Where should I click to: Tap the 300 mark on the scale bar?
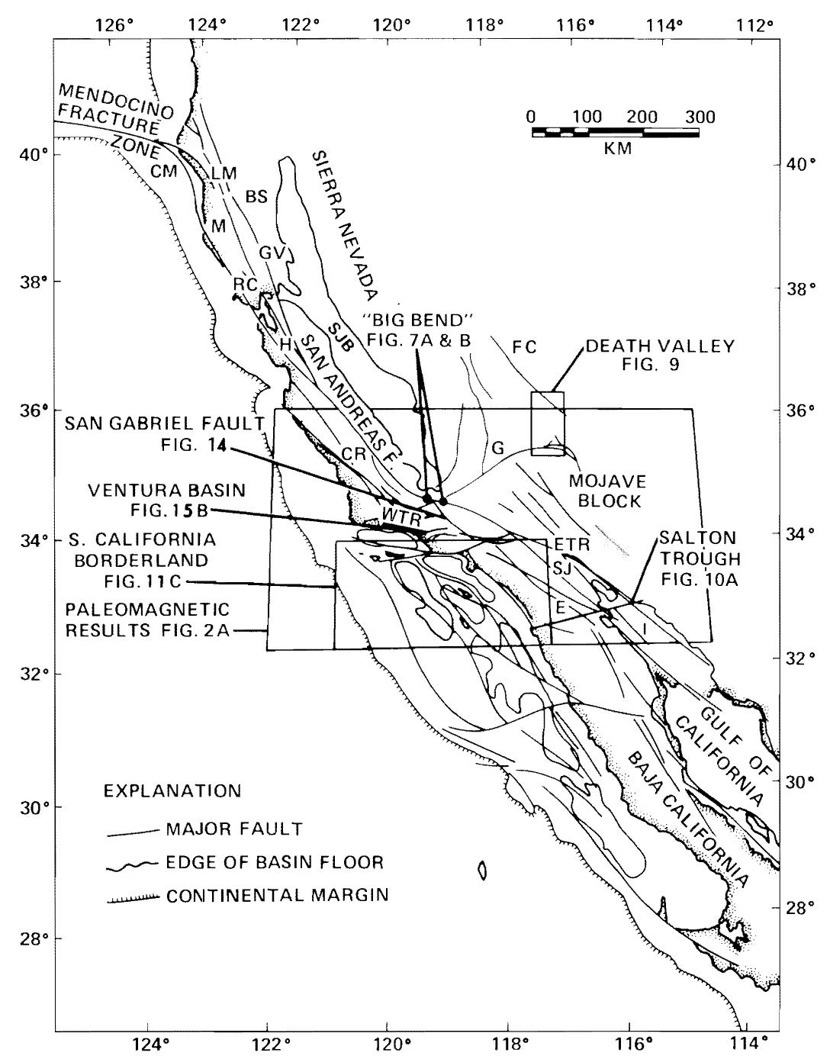[x=700, y=117]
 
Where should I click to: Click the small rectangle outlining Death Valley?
[x=548, y=423]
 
